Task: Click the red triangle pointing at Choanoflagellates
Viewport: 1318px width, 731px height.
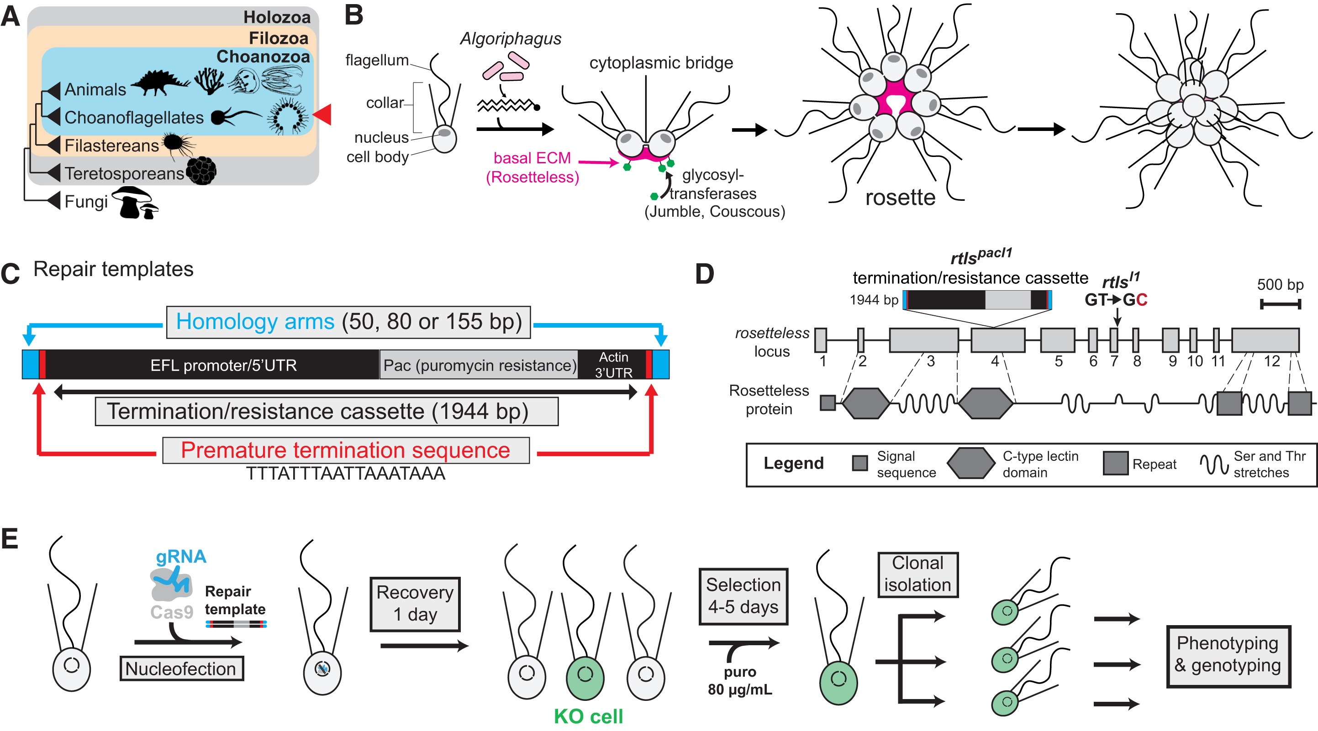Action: pyautogui.click(x=323, y=114)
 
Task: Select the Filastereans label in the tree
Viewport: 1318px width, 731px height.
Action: pyautogui.click(x=111, y=146)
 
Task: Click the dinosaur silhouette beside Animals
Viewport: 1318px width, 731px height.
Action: pyautogui.click(x=160, y=83)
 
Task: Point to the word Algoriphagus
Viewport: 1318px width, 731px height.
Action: pyautogui.click(x=510, y=39)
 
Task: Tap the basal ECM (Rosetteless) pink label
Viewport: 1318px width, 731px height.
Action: pyautogui.click(x=532, y=167)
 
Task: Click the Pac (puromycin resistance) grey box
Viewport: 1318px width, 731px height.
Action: pyautogui.click(x=480, y=365)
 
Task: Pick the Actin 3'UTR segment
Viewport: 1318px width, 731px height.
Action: pyautogui.click(x=613, y=365)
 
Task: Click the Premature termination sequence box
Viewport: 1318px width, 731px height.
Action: pyautogui.click(x=346, y=450)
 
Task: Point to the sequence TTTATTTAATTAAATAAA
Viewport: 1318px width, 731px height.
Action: pyautogui.click(x=346, y=474)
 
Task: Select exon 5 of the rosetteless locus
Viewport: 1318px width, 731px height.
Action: pyautogui.click(x=1057, y=340)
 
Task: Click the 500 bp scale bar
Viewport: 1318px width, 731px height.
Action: pyautogui.click(x=1280, y=305)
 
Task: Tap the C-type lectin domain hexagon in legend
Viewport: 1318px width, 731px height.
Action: pyautogui.click(x=970, y=463)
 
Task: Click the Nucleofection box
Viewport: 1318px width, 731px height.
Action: pyautogui.click(x=181, y=668)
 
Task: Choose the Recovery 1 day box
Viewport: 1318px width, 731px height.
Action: pyautogui.click(x=415, y=604)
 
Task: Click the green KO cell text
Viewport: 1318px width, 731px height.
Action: pyautogui.click(x=588, y=716)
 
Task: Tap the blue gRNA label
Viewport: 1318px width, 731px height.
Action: pyautogui.click(x=181, y=556)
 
